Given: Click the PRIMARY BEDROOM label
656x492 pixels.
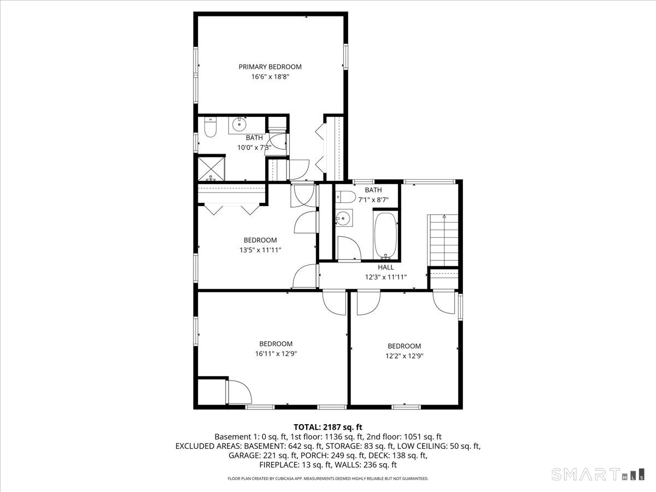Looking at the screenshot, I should [x=270, y=67].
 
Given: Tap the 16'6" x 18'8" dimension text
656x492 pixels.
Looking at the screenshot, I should [x=270, y=77].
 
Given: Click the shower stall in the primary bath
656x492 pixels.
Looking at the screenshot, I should [x=210, y=168].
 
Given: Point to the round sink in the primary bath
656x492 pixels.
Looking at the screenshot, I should [x=239, y=125].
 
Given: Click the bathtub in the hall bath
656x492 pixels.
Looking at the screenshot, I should [x=386, y=235].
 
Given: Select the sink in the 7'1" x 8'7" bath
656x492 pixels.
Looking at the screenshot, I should [x=343, y=219].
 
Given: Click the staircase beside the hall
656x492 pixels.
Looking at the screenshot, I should [x=443, y=238].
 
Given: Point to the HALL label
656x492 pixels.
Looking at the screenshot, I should [x=386, y=267].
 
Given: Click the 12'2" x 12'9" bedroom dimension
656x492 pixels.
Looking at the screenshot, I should [x=405, y=356].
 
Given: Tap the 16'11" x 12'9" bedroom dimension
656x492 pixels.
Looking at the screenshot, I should [x=276, y=354].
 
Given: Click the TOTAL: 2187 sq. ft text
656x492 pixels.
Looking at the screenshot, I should [x=328, y=427].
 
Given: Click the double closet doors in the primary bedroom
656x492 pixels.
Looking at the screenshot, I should [x=321, y=148].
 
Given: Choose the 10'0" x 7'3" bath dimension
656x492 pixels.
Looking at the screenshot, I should [x=254, y=148].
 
